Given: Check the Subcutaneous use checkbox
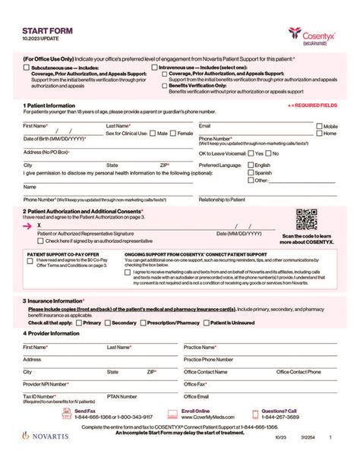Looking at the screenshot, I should tap(27, 67).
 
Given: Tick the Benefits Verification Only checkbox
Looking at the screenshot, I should tap(163, 86).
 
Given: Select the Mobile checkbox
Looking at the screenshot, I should tap(320, 126).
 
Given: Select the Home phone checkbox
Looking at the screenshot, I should tap(320, 134).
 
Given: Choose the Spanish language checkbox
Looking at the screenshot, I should tap(251, 172).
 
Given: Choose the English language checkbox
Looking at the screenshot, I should tap(251, 165).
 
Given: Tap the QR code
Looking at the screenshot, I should tap(306, 219).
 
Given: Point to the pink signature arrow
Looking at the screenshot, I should tap(28, 225).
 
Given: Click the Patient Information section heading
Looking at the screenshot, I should tap(49, 105).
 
